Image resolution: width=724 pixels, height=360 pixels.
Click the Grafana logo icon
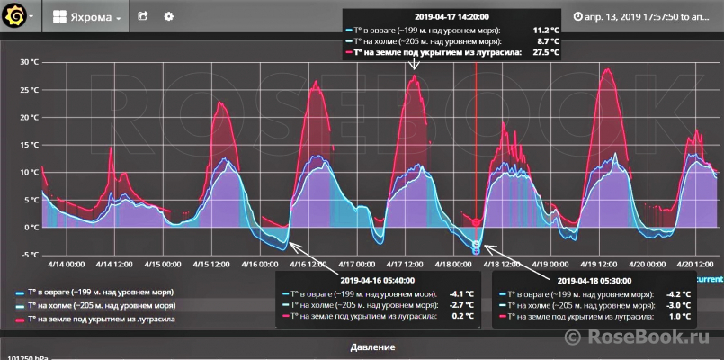pos(13,16)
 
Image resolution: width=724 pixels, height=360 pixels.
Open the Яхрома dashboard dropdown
pos(87,17)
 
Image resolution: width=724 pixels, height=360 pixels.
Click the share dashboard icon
pos(142,17)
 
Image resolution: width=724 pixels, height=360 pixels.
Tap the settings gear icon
pos(169,17)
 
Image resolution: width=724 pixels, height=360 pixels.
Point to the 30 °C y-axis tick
pos(28,62)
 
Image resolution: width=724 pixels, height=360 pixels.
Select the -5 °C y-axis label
pos(28,255)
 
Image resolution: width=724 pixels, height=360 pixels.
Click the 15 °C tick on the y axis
pos(28,145)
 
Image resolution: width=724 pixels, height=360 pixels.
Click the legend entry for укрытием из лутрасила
pos(101,319)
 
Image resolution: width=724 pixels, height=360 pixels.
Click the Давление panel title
pos(362,346)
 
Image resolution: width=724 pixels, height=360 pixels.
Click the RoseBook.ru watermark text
pos(652,337)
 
